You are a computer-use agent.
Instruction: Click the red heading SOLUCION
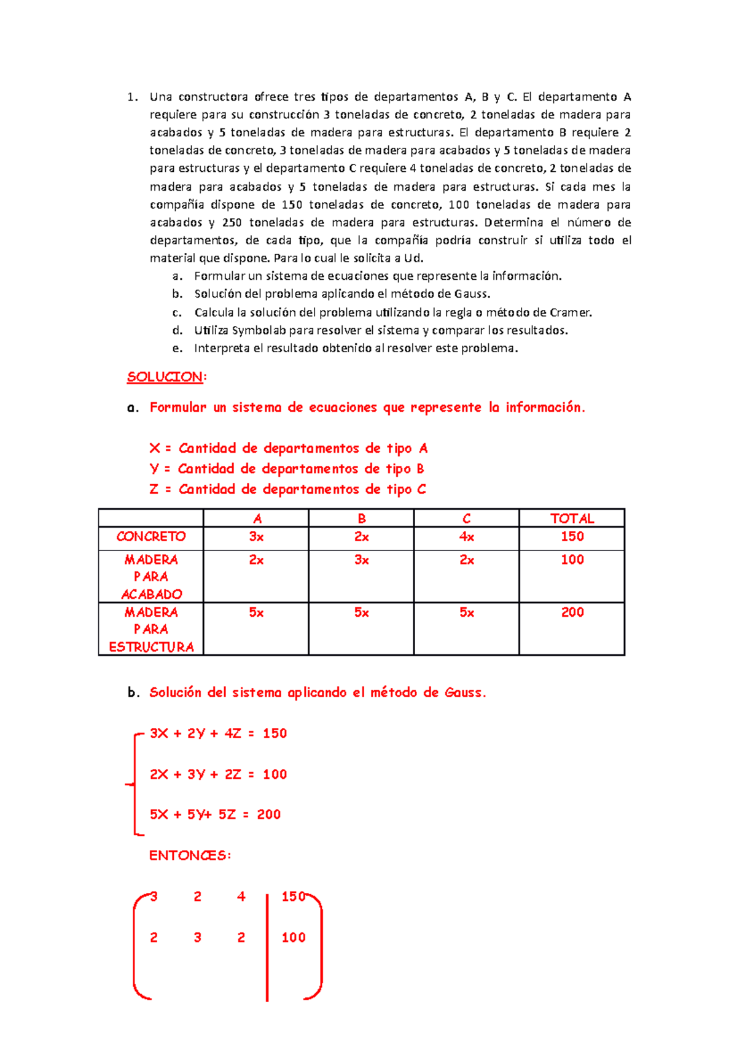pos(165,377)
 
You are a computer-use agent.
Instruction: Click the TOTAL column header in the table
pos(572,519)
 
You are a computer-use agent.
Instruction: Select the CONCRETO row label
pos(151,537)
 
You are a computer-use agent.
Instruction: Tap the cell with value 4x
pos(466,537)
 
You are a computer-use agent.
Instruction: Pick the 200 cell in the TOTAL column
pos(572,612)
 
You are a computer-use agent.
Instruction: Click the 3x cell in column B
pos(361,560)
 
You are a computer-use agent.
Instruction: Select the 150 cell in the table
pos(572,537)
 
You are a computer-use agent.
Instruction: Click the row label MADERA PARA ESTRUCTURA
pos(151,630)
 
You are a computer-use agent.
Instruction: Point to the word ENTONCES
pos(189,855)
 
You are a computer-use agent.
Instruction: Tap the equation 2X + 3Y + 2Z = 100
pos(218,774)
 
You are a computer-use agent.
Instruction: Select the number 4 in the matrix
pos(241,897)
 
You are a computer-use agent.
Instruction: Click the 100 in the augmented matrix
pos(293,938)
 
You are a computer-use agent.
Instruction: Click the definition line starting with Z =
pos(287,490)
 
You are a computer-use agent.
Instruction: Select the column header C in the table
pos(466,519)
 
